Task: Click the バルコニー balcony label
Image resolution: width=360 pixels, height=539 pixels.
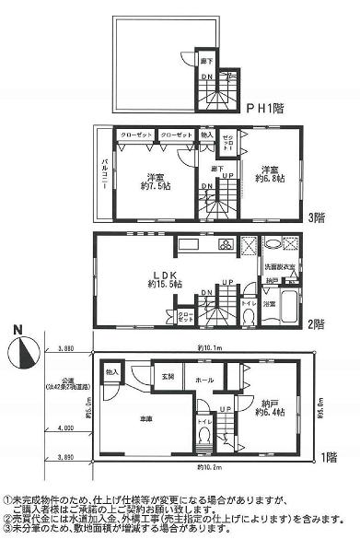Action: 103,176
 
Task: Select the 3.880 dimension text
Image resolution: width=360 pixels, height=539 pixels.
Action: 64,349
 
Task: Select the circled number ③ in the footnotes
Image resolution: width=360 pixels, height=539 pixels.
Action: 7,532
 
